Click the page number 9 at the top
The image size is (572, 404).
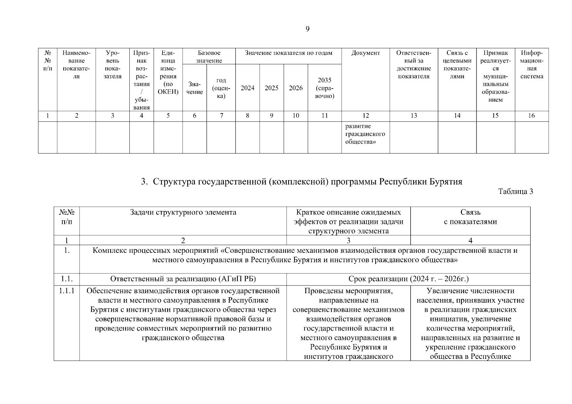[x=307, y=29]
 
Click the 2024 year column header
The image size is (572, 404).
[x=247, y=88]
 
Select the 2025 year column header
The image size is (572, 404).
[x=272, y=88]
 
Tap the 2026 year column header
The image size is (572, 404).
[x=296, y=88]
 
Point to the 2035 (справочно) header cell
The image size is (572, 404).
[x=324, y=88]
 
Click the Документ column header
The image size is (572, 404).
[x=366, y=53]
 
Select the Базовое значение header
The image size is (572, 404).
[x=209, y=57]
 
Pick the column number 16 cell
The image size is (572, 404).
[x=531, y=115]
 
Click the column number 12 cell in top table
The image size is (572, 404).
[x=366, y=115]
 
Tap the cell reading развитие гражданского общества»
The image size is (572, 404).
[x=365, y=134]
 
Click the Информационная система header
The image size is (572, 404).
[x=532, y=65]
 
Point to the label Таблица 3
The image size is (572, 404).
[x=515, y=192]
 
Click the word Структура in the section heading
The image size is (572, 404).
[x=174, y=182]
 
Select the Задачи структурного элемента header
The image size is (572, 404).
[x=183, y=212]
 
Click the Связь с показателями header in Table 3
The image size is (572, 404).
[x=470, y=217]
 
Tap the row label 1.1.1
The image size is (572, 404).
[x=67, y=291]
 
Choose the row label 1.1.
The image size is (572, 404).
[x=67, y=279]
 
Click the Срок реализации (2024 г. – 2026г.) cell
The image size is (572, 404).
[x=408, y=279]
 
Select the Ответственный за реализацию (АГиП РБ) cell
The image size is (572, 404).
[x=183, y=279]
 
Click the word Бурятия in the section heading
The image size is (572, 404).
[x=446, y=182]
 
